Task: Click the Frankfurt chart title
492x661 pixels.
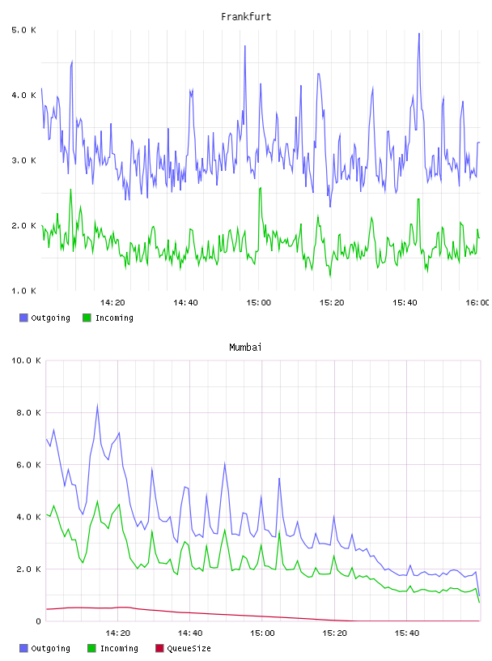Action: (246, 17)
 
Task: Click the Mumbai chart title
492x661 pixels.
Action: (245, 348)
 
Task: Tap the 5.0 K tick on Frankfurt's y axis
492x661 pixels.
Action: (23, 30)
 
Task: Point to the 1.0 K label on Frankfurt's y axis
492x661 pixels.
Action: (23, 291)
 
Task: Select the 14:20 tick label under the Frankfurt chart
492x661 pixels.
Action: (112, 303)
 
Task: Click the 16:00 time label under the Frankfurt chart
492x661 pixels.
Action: (477, 303)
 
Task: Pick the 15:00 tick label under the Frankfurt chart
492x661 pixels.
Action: (259, 303)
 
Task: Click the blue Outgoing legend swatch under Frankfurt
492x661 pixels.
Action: (23, 318)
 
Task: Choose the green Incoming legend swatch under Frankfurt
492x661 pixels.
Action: (87, 318)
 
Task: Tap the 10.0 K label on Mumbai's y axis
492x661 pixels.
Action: (26, 360)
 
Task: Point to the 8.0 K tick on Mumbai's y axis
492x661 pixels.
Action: (28, 412)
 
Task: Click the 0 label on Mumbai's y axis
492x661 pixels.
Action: (38, 621)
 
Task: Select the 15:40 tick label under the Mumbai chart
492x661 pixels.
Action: (407, 633)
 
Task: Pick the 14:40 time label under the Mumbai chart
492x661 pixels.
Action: (190, 633)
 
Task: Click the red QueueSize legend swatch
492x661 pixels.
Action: (159, 648)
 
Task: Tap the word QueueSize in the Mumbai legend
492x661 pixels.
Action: (189, 648)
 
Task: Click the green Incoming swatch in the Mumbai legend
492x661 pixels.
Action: (91, 648)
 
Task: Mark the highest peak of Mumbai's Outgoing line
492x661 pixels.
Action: (97, 406)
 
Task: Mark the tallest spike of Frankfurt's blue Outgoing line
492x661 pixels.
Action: (418, 34)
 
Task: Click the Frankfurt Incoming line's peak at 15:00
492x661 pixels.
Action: (261, 188)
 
